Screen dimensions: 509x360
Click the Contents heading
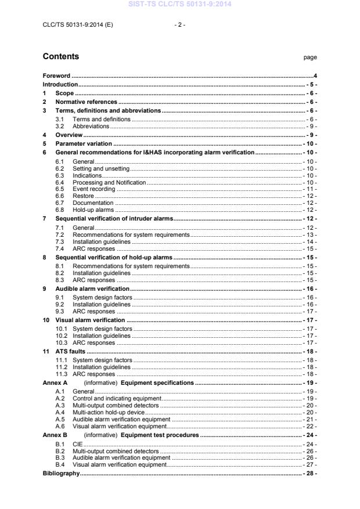click(61, 57)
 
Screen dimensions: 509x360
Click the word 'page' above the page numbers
click(310, 57)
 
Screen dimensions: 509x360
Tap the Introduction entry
click(60, 85)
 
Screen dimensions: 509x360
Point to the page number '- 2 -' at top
click(180, 25)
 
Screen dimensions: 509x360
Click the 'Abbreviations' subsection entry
click(91, 126)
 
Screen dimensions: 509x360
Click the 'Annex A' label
click(55, 384)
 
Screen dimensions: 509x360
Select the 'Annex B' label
click(55, 434)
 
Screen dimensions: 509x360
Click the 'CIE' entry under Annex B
click(77, 443)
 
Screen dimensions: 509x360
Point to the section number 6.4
click(59, 182)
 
